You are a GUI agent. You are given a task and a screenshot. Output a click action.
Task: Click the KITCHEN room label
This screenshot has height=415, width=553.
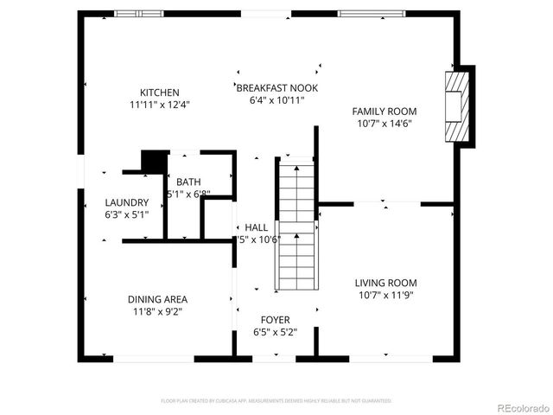pyautogui.click(x=160, y=93)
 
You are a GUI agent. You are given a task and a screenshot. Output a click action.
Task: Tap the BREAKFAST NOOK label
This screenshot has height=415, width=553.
pyautogui.click(x=277, y=88)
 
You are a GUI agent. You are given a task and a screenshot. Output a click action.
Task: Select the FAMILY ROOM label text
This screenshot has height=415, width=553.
pyautogui.click(x=385, y=111)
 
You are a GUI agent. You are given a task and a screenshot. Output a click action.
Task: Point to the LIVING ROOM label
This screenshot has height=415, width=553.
pyautogui.click(x=385, y=283)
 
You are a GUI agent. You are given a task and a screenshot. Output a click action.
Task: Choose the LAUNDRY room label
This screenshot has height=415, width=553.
pyautogui.click(x=126, y=202)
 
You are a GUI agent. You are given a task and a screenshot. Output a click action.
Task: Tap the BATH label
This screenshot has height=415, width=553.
pyautogui.click(x=188, y=182)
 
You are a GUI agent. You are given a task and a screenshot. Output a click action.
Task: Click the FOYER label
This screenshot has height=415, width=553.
pyautogui.click(x=276, y=320)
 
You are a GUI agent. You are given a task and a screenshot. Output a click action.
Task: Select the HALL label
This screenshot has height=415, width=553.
pyautogui.click(x=256, y=227)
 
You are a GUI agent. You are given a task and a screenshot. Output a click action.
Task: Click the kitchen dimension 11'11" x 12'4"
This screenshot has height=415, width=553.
pyautogui.click(x=160, y=105)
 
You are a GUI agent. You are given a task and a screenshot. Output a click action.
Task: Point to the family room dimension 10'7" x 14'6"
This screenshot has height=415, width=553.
pyautogui.click(x=385, y=123)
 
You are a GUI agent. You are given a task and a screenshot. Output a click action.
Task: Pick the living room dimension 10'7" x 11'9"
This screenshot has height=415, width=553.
pyautogui.click(x=385, y=295)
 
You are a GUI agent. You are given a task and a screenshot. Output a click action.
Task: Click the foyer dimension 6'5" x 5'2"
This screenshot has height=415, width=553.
pyautogui.click(x=276, y=332)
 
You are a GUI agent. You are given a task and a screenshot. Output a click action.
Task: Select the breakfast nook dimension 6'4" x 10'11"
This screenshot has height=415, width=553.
pyautogui.click(x=277, y=100)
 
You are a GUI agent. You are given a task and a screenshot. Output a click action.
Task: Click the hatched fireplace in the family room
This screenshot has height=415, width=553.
pyautogui.click(x=456, y=106)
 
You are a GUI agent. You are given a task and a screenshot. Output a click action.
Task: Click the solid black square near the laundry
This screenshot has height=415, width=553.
pyautogui.click(x=155, y=163)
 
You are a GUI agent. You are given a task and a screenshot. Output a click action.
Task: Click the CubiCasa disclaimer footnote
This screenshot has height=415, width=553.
pyautogui.click(x=276, y=401)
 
